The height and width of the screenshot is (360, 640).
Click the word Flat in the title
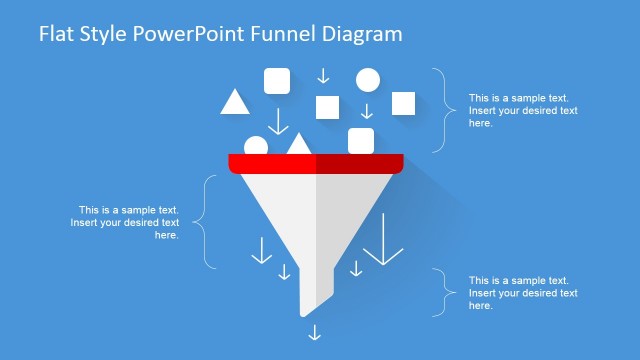[56, 34]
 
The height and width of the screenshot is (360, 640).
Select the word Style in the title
[105, 34]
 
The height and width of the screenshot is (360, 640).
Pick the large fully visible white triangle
[234, 102]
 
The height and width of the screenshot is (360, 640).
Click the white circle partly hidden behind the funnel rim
[256, 146]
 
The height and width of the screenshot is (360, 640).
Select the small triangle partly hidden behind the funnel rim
[298, 144]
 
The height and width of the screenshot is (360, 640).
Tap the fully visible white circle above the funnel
[368, 80]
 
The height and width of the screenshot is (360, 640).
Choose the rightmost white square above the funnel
[403, 102]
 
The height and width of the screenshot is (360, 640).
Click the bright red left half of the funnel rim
[272, 162]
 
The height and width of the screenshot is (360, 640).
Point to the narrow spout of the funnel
[315, 290]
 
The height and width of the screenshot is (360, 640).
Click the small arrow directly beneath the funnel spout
[315, 332]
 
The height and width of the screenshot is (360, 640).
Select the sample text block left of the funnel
[125, 223]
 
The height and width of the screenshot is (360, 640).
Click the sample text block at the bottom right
[523, 293]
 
